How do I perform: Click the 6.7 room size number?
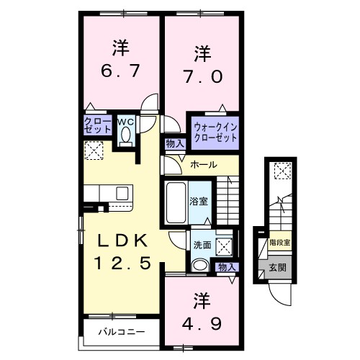pyautogui.click(x=120, y=72)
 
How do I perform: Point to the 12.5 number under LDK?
pyautogui.click(x=120, y=264)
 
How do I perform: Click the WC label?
pyautogui.click(x=126, y=121)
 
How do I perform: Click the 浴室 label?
pyautogui.click(x=199, y=201)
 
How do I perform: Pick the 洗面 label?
pyautogui.click(x=202, y=246)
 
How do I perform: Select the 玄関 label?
pyautogui.click(x=276, y=267)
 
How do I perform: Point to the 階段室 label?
pyautogui.click(x=279, y=243)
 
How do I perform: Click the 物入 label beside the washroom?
pyautogui.click(x=227, y=267)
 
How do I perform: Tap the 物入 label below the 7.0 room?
pyautogui.click(x=175, y=143)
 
